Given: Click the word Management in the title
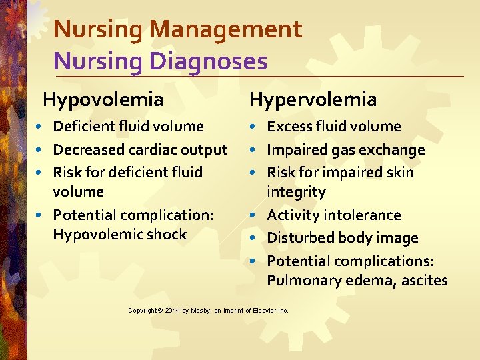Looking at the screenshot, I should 226,30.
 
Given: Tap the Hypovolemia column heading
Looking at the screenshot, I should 103,100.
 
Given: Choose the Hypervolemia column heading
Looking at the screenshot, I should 313,100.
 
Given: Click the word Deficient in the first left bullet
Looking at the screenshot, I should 83,127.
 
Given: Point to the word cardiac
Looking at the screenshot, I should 156,149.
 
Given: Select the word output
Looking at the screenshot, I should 205,149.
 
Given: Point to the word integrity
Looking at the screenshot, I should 296,193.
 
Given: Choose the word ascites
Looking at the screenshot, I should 425,281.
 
